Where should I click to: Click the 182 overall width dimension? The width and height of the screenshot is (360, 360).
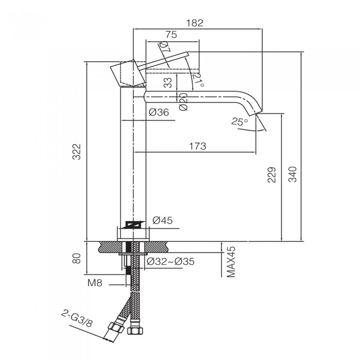click(195, 23)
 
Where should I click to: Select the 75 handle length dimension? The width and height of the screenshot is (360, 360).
click(171, 34)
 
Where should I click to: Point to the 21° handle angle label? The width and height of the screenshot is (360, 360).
click(199, 80)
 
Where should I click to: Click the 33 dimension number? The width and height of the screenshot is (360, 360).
click(168, 83)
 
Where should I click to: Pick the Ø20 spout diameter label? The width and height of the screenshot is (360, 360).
click(184, 102)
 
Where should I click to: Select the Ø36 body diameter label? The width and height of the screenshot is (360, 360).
click(159, 112)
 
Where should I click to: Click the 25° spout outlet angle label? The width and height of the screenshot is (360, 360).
click(240, 121)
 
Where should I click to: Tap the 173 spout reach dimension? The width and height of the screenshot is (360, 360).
click(197, 146)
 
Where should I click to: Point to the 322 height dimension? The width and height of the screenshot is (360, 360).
click(77, 152)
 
